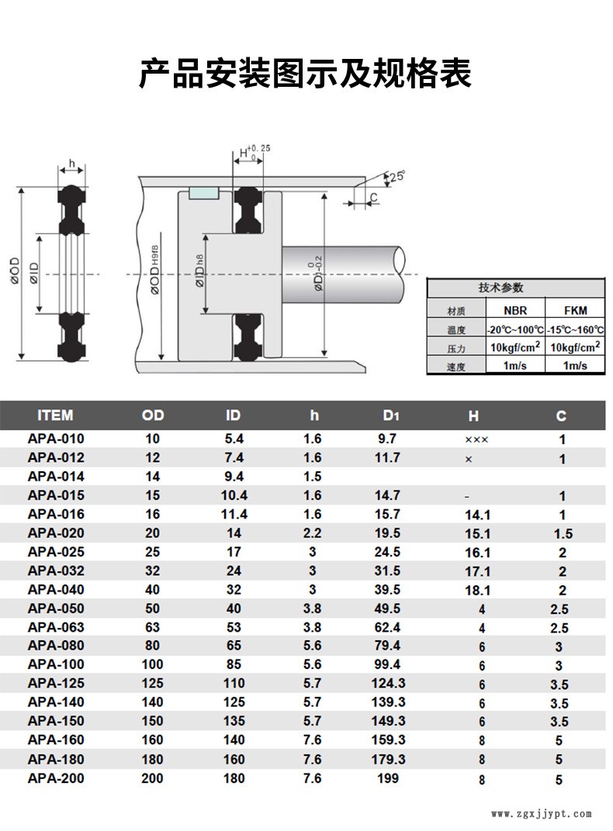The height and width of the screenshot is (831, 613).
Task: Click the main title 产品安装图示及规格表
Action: pyautogui.click(x=305, y=72)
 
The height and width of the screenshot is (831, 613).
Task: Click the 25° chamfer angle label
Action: pyautogui.click(x=397, y=176)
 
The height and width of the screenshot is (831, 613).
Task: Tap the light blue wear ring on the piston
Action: pyautogui.click(x=203, y=194)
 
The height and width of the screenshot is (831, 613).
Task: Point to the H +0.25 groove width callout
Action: pyautogui.click(x=255, y=152)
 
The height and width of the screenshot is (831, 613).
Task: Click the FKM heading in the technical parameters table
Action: pyautogui.click(x=575, y=311)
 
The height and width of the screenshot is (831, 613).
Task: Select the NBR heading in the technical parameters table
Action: pyautogui.click(x=515, y=311)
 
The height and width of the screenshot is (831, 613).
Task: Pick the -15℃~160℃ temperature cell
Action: pyautogui.click(x=575, y=329)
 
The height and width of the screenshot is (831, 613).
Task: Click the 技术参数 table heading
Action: pyautogui.click(x=501, y=288)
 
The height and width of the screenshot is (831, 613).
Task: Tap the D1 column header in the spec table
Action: pyautogui.click(x=391, y=415)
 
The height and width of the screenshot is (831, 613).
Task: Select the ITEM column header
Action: pyautogui.click(x=55, y=415)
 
